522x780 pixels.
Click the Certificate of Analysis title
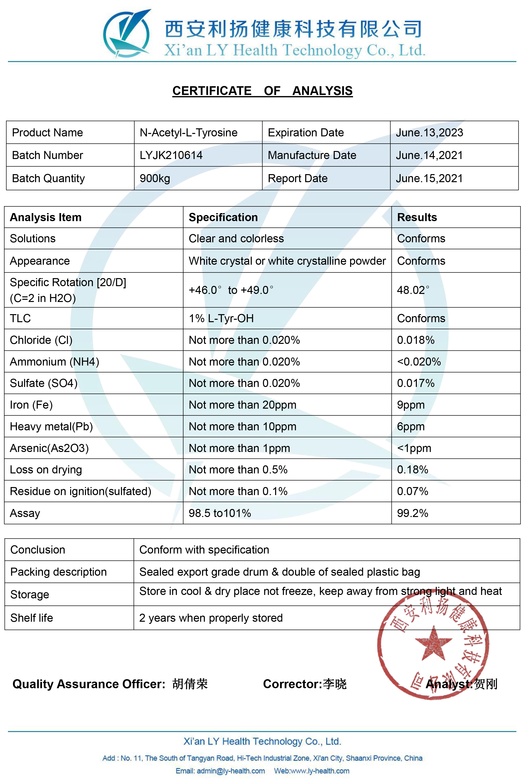(262, 91)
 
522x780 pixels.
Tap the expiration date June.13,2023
(429, 132)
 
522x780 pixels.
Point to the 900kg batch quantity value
(155, 179)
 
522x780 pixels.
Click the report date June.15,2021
(429, 179)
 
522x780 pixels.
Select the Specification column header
(223, 217)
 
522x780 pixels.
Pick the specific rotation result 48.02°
(413, 290)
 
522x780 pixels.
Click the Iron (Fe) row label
(31, 405)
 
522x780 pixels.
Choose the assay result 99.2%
(412, 513)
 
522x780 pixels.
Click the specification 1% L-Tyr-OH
(221, 318)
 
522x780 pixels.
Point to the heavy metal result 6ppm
(410, 426)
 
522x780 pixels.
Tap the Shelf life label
(32, 618)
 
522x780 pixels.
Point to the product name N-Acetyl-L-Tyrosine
(188, 132)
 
